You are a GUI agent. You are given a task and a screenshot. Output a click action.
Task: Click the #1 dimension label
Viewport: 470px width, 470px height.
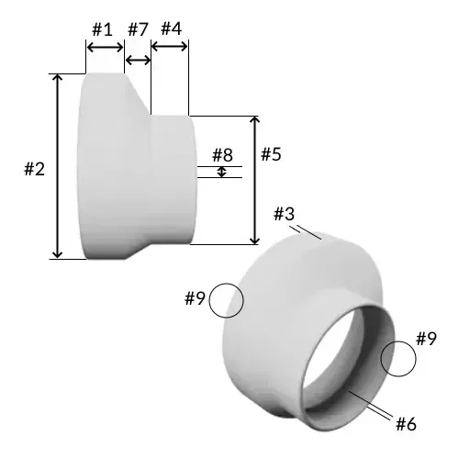coord(103,28)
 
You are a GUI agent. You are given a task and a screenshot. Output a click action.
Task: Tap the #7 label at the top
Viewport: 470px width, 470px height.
coord(138,28)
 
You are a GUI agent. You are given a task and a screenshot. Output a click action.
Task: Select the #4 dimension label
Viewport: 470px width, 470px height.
coord(171,28)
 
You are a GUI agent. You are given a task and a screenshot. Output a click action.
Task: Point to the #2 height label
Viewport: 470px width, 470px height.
coord(34,169)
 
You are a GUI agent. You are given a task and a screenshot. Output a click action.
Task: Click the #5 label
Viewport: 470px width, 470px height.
coord(270,154)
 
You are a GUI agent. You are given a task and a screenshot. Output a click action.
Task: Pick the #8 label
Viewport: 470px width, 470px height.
coord(223,154)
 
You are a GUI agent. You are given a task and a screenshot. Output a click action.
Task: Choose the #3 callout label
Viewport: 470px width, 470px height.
coord(285,214)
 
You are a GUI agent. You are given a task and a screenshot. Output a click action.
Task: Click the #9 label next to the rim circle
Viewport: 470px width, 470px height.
coord(425,339)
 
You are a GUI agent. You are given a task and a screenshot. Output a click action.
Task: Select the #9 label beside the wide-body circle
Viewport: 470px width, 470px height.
coord(194,298)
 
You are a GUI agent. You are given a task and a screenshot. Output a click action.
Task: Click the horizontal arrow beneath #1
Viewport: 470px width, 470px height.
coord(104,49)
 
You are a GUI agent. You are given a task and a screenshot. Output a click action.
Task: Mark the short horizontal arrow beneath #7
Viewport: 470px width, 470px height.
coord(138,61)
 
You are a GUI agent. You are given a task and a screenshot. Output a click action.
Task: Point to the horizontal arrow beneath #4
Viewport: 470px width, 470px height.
coord(170,49)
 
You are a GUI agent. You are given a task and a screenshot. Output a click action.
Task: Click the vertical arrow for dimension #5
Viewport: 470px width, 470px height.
coord(255,180)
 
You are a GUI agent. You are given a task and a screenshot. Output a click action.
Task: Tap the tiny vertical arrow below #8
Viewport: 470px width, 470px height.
coord(222,172)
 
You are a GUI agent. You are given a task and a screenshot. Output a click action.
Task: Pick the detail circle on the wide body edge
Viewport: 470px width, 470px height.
coord(226,300)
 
